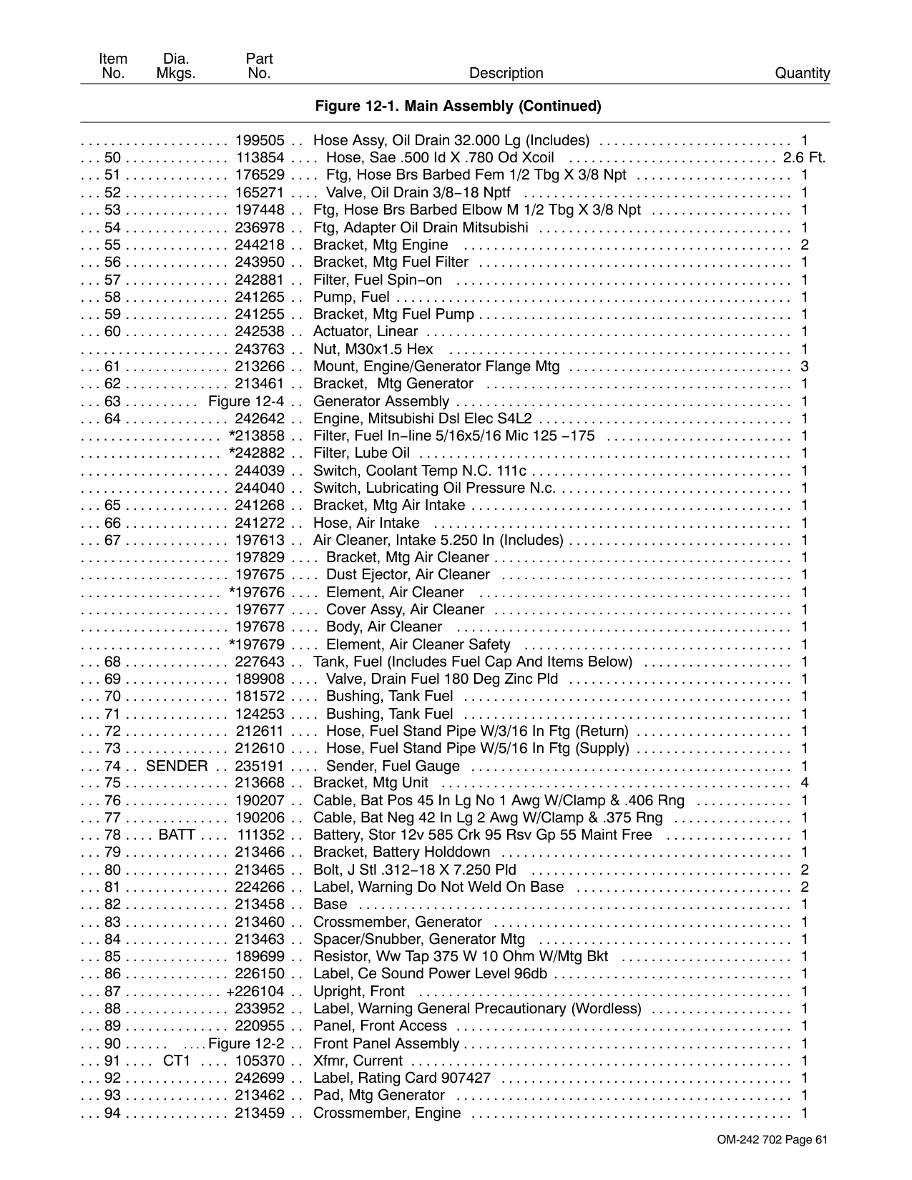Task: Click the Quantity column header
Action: (802, 73)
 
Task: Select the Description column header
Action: (506, 73)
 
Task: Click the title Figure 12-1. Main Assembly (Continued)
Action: (458, 106)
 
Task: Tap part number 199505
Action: (260, 140)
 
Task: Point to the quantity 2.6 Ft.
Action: (804, 157)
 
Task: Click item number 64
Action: (112, 418)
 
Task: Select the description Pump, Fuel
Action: (351, 297)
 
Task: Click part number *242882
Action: (257, 453)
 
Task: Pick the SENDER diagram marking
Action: (177, 766)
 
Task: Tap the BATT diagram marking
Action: (177, 835)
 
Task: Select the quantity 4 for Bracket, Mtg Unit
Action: (805, 782)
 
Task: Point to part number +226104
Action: (255, 991)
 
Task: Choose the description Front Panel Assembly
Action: (386, 1043)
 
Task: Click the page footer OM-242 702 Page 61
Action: (772, 1140)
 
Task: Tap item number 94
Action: (112, 1113)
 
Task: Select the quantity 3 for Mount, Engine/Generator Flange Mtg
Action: (805, 367)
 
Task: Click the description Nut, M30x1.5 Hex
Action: (373, 349)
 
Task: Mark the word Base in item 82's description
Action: (330, 904)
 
